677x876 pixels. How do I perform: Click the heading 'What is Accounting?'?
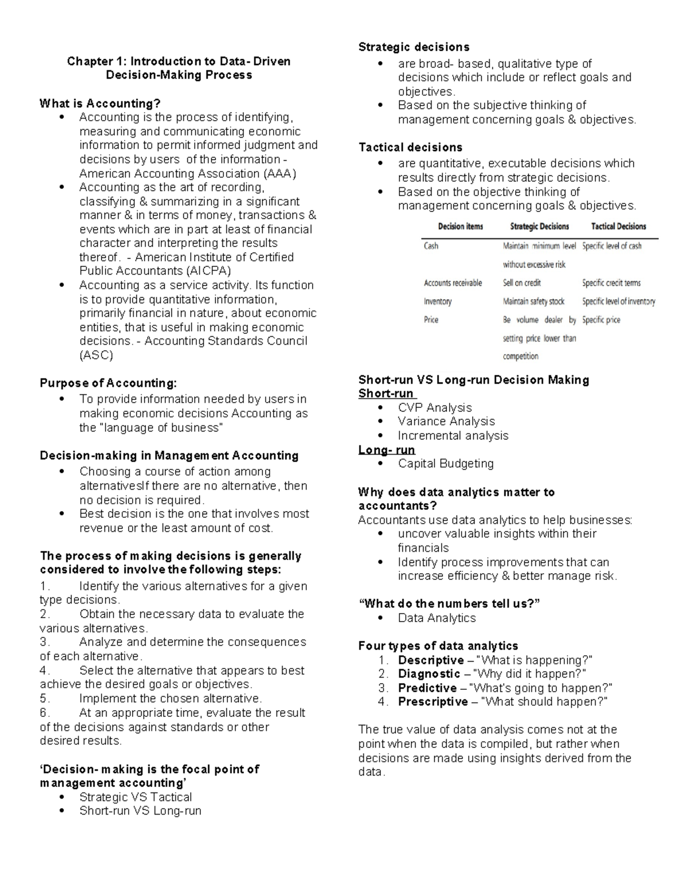(100, 103)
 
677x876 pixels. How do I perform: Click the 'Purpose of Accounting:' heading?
(108, 383)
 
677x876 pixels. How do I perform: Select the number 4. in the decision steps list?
(45, 670)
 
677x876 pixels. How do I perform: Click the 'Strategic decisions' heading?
(414, 47)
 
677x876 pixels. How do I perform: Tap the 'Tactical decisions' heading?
(410, 147)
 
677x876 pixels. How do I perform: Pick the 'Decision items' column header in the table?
(460, 226)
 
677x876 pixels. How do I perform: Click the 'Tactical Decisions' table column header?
(618, 226)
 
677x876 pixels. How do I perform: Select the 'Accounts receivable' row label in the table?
(452, 283)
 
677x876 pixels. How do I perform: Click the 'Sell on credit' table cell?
(522, 283)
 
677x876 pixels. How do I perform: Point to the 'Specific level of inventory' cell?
(618, 302)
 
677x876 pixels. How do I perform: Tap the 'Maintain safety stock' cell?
(533, 302)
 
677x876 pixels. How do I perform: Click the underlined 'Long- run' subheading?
(386, 450)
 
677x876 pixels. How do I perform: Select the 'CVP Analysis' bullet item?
(434, 407)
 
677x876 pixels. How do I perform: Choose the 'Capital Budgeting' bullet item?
(445, 463)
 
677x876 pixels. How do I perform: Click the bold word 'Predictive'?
(427, 688)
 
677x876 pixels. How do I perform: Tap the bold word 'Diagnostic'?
(429, 673)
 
